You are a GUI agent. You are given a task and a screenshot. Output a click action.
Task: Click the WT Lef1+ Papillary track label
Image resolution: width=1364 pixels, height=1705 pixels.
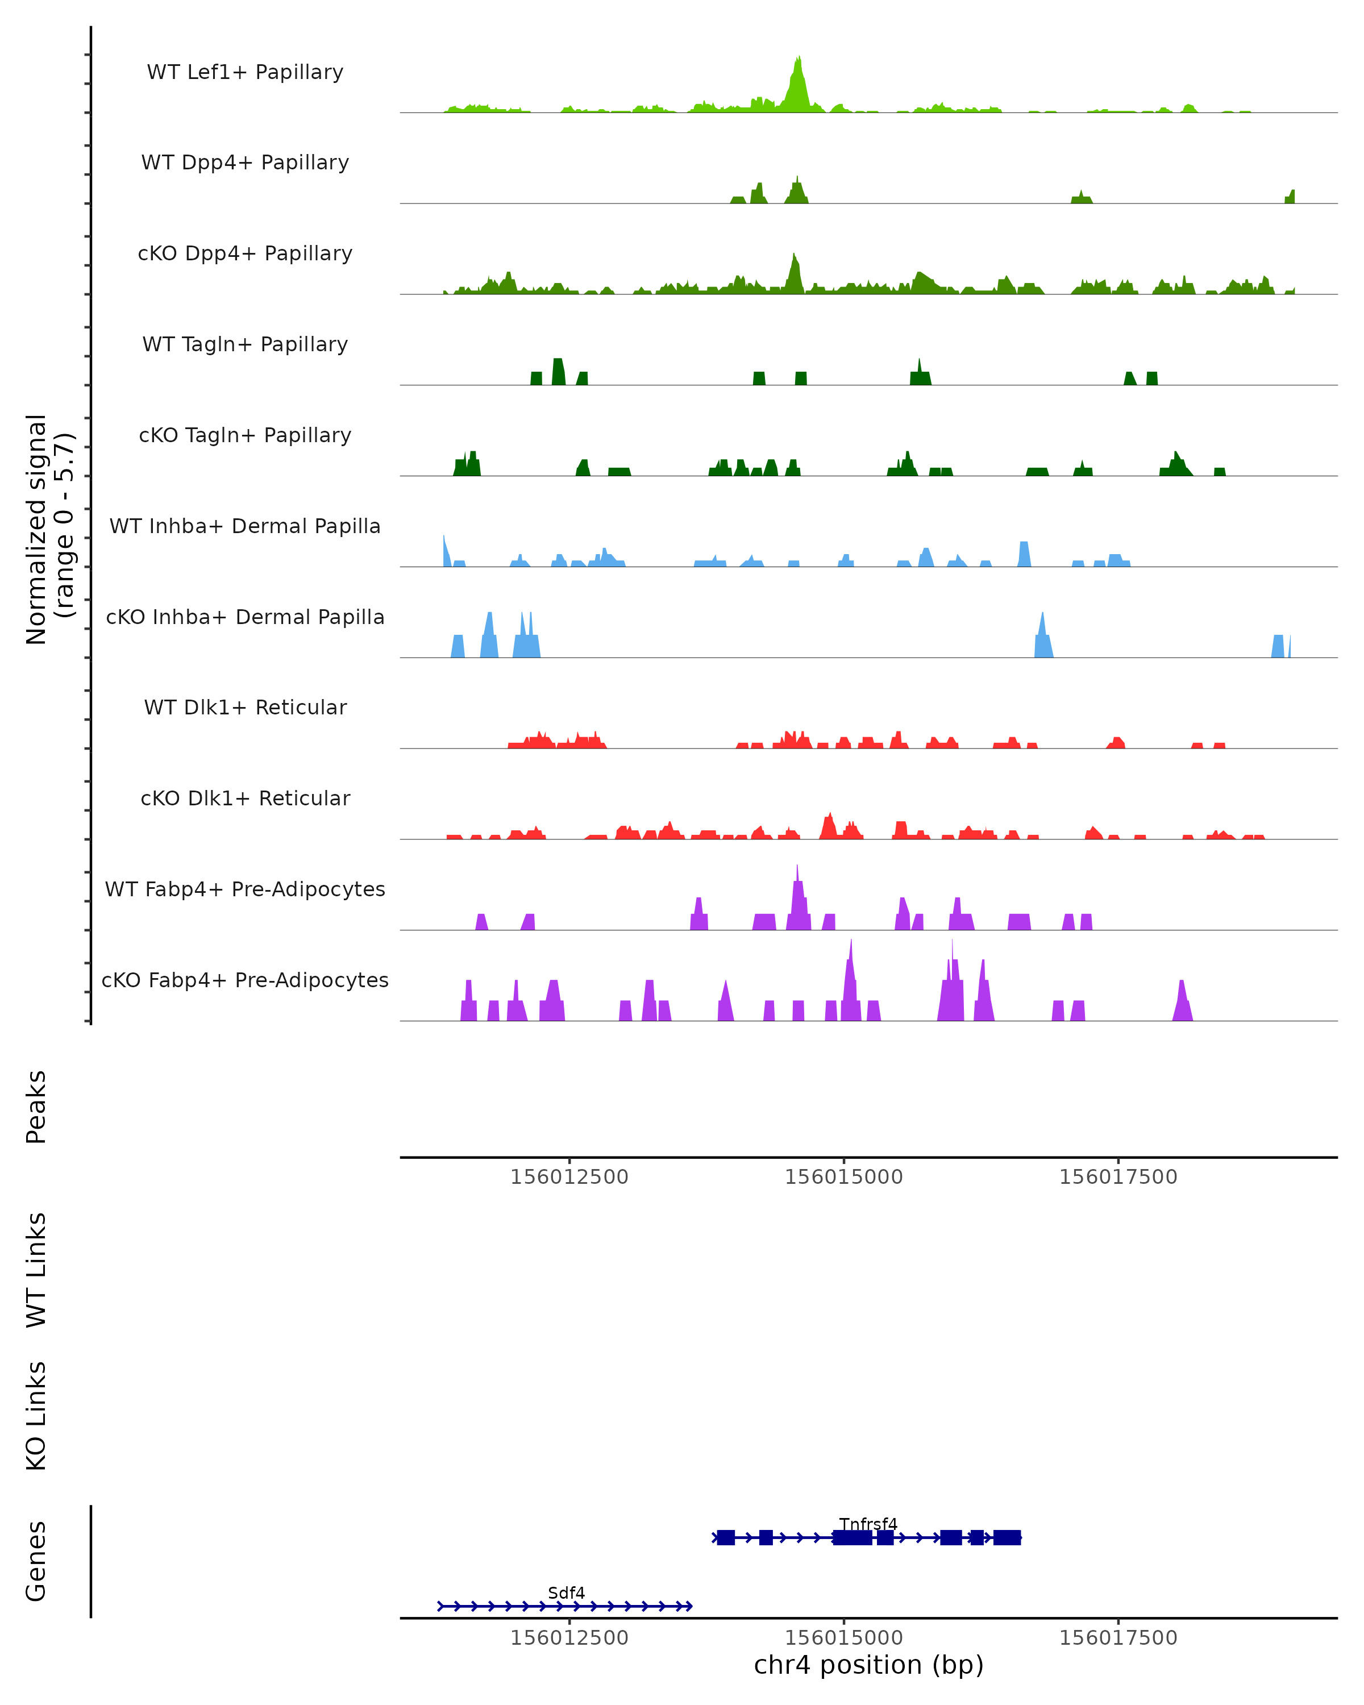coord(245,72)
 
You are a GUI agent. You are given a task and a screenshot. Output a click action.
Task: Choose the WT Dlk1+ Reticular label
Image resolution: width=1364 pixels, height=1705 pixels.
coord(245,707)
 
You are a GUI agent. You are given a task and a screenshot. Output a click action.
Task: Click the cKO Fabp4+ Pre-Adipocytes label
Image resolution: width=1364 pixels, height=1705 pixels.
coord(245,980)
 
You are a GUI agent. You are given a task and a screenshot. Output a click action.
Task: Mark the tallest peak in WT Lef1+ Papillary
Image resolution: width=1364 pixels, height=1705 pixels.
coord(799,59)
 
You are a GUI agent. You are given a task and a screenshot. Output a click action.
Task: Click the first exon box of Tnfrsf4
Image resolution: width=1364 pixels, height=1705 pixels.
coord(726,1537)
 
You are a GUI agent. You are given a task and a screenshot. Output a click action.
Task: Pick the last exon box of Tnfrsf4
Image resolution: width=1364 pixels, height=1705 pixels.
coord(1007,1537)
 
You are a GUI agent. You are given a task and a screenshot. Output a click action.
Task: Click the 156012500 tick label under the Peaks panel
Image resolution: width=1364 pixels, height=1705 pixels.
coord(569,1177)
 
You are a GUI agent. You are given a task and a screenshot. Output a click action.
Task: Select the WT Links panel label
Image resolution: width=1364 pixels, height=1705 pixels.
coord(36,1270)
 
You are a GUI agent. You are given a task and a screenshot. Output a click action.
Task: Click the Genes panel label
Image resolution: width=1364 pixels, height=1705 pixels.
coord(36,1561)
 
